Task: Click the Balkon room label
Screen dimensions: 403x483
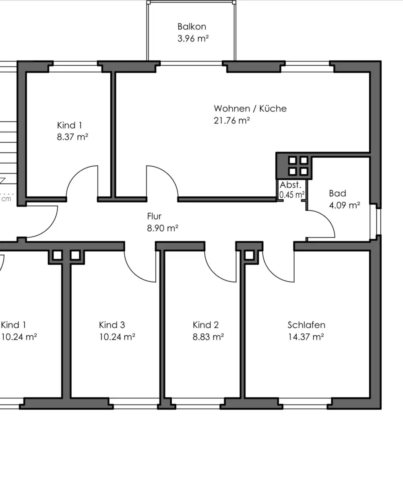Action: [x=192, y=27]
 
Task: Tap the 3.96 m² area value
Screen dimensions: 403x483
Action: [x=193, y=38]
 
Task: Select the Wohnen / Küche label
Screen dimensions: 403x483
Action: [x=250, y=109]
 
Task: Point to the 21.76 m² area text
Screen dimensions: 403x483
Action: [x=232, y=120]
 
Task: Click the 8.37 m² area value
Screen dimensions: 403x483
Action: [x=72, y=137]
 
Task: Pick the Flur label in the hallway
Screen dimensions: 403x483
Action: [x=154, y=216]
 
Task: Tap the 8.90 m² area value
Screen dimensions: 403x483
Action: [x=163, y=228]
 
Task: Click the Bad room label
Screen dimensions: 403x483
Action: [x=337, y=193]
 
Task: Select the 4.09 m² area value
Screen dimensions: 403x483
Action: [x=345, y=205]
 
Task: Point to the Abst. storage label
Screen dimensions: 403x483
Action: [x=290, y=185]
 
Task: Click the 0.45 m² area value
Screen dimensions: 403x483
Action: [x=292, y=195]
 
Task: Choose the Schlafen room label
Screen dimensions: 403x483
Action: [x=306, y=325]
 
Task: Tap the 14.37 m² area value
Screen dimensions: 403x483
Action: [x=306, y=337]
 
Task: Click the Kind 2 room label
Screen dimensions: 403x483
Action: [x=206, y=325]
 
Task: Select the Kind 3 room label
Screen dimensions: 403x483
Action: [x=112, y=325]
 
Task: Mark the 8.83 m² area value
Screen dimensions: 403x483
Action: [x=208, y=337]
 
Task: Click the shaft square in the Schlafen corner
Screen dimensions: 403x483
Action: [x=249, y=255]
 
